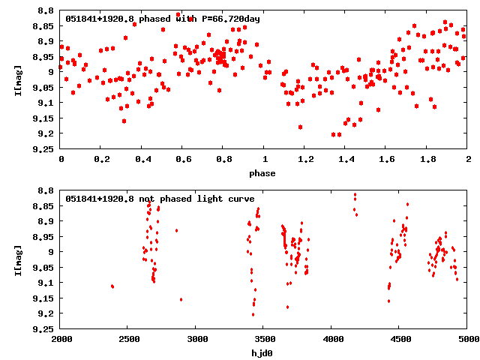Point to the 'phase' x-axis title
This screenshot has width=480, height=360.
click(263, 173)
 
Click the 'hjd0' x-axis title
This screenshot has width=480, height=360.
click(263, 353)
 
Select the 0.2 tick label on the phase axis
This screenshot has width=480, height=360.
click(101, 159)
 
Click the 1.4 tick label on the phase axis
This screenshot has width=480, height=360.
click(346, 159)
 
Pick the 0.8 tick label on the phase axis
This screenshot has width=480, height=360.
click(223, 159)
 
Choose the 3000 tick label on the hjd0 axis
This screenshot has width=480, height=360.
click(196, 339)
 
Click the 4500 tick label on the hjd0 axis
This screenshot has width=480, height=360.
click(400, 339)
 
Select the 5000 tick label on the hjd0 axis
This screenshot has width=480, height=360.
click(467, 339)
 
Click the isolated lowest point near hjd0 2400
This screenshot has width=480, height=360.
click(112, 286)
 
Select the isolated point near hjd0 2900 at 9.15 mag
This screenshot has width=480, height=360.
click(181, 299)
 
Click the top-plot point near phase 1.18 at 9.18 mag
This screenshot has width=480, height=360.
click(300, 127)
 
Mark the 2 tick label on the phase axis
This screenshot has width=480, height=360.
click(467, 159)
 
